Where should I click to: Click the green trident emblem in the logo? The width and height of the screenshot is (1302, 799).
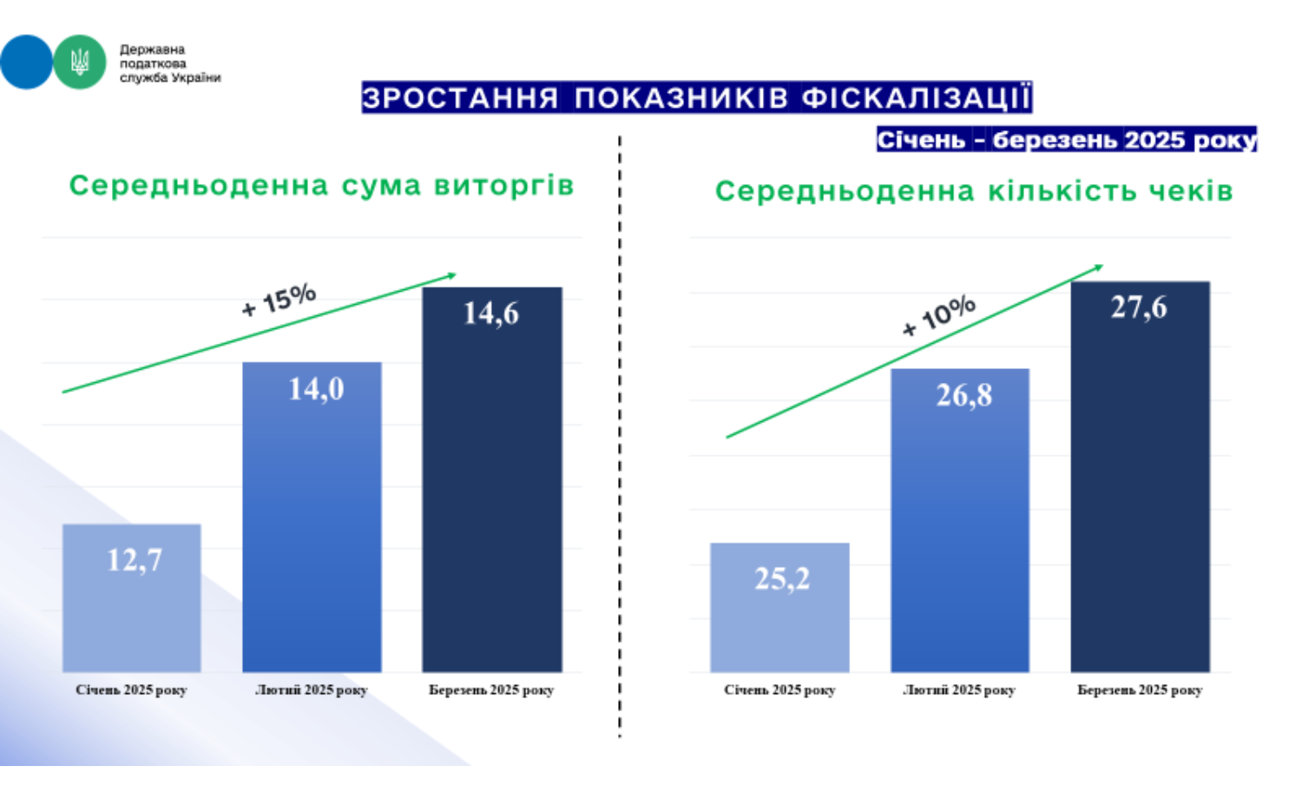click(x=80, y=62)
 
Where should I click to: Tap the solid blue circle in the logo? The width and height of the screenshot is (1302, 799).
click(x=25, y=62)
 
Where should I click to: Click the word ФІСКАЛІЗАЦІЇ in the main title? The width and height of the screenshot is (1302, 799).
click(x=916, y=97)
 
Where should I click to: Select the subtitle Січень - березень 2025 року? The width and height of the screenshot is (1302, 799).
click(x=1066, y=140)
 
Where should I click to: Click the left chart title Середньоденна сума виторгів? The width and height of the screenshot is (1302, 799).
click(x=321, y=185)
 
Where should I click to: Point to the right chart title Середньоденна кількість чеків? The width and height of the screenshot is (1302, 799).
click(x=973, y=191)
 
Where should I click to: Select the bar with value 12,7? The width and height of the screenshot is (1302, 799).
click(x=132, y=599)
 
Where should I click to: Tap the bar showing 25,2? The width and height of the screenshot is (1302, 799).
click(x=779, y=608)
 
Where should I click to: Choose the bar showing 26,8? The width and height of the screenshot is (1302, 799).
click(x=960, y=521)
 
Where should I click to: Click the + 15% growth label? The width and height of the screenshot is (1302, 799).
click(x=279, y=300)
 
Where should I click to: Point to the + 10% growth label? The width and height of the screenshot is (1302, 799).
click(x=938, y=315)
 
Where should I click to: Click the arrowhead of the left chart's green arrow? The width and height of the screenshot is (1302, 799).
click(x=451, y=275)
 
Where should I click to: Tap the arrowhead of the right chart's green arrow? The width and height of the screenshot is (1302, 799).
click(x=1098, y=267)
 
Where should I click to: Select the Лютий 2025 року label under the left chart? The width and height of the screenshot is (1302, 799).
click(x=312, y=690)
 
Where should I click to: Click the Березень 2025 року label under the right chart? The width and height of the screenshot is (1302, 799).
click(x=1140, y=690)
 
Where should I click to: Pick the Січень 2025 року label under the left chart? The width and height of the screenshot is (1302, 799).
click(x=131, y=690)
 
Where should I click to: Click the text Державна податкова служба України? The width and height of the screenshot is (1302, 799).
click(x=169, y=63)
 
